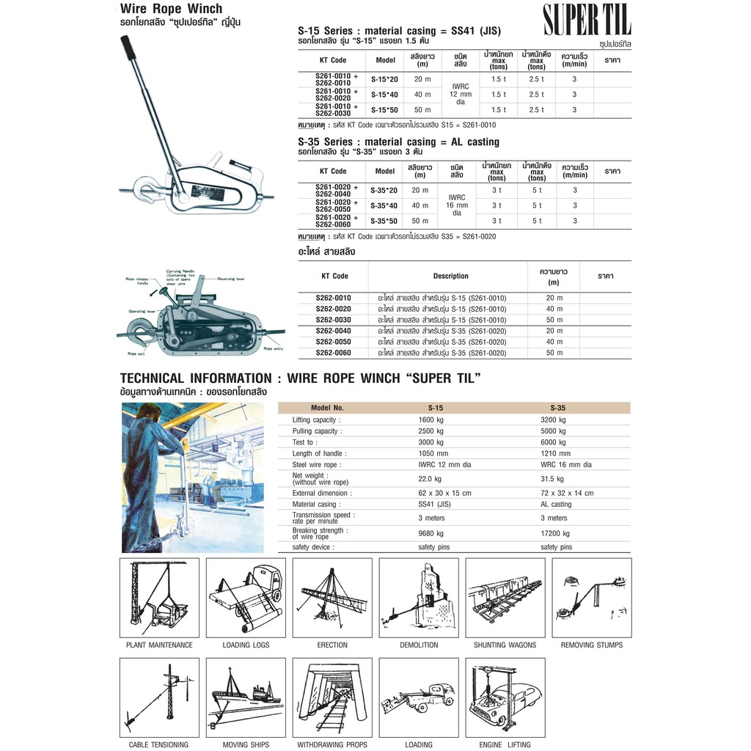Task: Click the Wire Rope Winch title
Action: [x=171, y=10]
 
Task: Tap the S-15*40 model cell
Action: [x=384, y=95]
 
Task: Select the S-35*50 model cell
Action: [x=384, y=221]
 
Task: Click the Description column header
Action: [x=450, y=276]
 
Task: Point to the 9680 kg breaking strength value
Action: [x=430, y=533]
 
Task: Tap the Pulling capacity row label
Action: [x=316, y=431]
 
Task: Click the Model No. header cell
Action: [x=327, y=408]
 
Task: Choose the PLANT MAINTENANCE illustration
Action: [x=159, y=598]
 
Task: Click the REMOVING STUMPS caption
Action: [x=591, y=645]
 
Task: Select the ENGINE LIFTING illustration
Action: [x=505, y=697]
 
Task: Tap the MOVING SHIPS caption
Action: [x=245, y=745]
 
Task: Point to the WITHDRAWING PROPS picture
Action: [x=332, y=697]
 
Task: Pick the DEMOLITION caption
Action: [x=419, y=645]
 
